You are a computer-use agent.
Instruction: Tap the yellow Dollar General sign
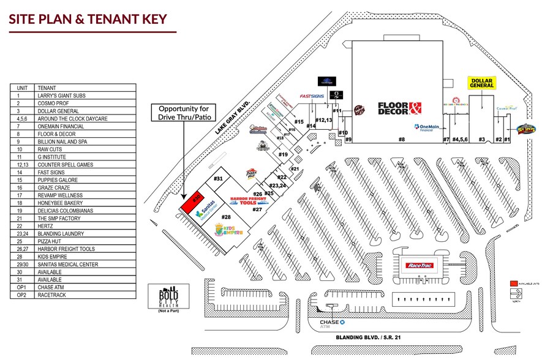(481, 83)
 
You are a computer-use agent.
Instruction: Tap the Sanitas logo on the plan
(207, 208)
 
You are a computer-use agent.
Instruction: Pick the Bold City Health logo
(163, 298)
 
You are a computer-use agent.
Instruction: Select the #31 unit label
(217, 178)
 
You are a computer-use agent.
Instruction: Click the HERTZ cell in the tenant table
(85, 226)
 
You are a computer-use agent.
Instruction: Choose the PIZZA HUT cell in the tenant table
(85, 241)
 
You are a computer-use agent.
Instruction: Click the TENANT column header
(85, 88)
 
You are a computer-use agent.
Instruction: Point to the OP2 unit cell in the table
(22, 295)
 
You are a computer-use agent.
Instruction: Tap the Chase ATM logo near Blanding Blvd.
(333, 323)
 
